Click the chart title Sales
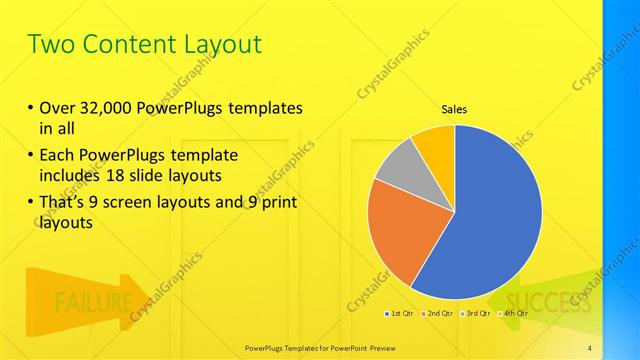pyautogui.click(x=454, y=110)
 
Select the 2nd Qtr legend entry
pyautogui.click(x=439, y=313)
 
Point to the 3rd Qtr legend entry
pyautogui.click(x=477, y=313)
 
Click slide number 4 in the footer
pyautogui.click(x=589, y=347)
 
